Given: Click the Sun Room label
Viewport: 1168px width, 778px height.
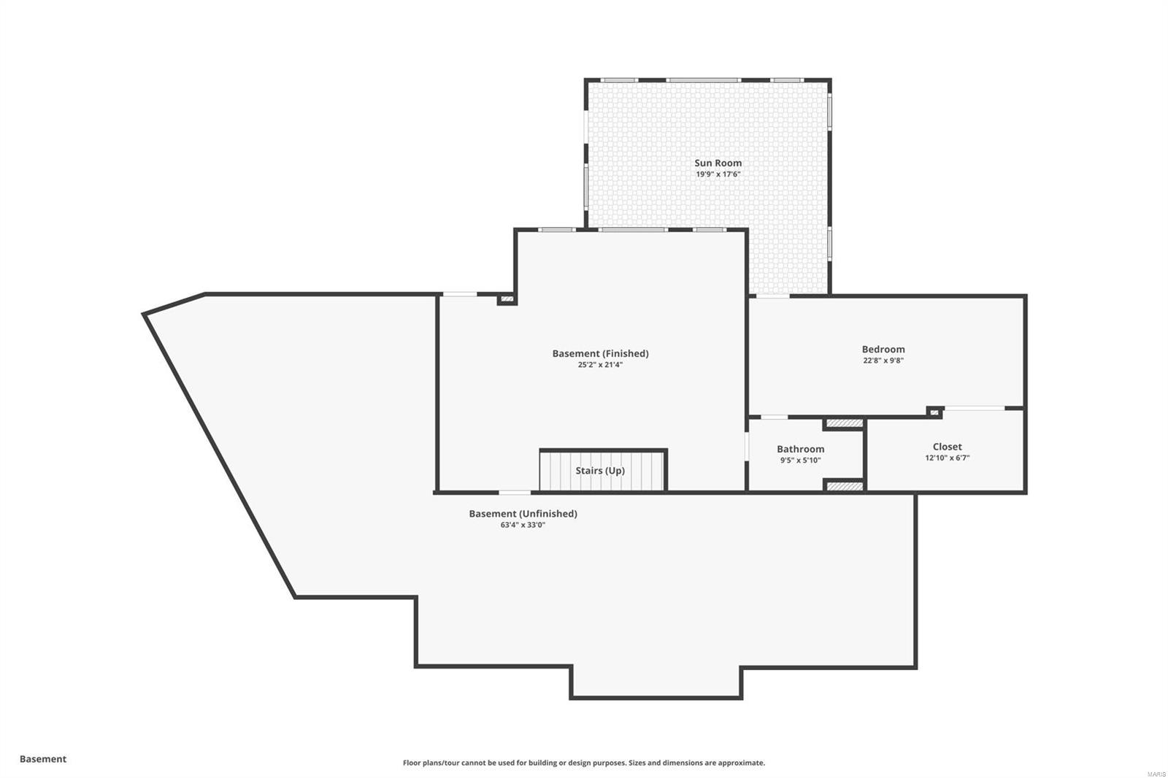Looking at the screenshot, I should point(718,163).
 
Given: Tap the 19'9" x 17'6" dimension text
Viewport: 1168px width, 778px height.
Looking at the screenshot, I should point(718,174).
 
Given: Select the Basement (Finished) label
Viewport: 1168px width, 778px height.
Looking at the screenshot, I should point(600,353).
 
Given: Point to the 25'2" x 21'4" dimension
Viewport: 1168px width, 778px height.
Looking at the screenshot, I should point(600,365).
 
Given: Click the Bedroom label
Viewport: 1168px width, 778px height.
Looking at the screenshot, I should point(883,349).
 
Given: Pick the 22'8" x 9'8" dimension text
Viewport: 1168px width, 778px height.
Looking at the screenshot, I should point(883,361).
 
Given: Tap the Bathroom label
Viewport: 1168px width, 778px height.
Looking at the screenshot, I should point(800,449).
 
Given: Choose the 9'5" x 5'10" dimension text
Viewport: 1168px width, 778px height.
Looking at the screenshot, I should point(800,461).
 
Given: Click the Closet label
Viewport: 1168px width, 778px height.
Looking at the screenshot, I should point(947,447).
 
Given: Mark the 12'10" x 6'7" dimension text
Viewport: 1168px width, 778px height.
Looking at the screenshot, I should point(947,458).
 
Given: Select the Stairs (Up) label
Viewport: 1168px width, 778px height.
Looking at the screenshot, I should point(600,471).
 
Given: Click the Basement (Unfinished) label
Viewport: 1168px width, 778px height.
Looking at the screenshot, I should point(523,514).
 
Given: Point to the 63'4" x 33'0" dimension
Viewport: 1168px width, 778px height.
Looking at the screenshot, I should point(523,525).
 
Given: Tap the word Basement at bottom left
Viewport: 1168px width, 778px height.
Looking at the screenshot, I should point(43,759).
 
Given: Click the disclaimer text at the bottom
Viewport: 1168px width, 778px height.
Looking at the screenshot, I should point(584,763).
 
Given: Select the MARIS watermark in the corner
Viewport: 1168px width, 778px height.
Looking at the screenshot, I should point(1156,774).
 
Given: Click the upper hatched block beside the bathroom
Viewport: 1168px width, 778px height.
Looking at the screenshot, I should point(845,423).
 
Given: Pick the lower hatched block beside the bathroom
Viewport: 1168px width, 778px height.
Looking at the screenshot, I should point(845,486).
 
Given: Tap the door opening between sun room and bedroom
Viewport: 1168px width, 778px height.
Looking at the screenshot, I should point(772,296).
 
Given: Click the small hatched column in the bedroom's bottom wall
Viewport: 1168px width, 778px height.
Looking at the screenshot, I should point(934,412).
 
